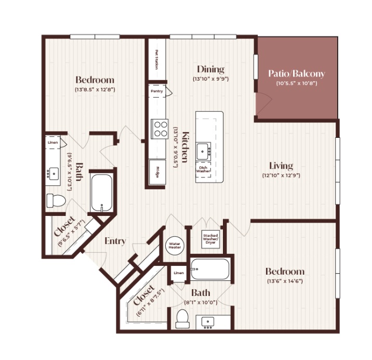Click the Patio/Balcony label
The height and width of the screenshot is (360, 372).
point(297,74)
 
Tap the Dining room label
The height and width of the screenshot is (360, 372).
point(210,69)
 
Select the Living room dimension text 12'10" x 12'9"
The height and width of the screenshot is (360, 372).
point(281,176)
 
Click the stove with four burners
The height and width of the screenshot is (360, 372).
point(160,129)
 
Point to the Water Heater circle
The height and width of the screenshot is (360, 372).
point(175,246)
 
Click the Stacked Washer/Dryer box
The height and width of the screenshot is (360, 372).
point(210,239)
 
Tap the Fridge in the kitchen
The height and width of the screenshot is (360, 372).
point(157,172)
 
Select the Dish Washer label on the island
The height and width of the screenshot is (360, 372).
point(203,169)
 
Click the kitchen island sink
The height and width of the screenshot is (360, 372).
point(203,151)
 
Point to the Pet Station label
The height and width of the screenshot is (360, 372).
point(156,59)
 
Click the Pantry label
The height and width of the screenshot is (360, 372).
point(157,91)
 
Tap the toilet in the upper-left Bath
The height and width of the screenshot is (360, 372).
point(56,201)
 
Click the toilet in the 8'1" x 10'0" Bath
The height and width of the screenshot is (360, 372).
point(182,319)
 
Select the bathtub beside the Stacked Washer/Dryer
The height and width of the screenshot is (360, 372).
point(210,269)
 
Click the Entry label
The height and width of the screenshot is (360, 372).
point(115,241)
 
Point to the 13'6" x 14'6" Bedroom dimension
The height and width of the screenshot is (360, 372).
point(285,281)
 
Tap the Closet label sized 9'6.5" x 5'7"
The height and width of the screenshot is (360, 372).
point(64,226)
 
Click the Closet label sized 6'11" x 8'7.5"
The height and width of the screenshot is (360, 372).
point(144,294)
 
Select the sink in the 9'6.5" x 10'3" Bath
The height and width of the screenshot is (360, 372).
point(53,173)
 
